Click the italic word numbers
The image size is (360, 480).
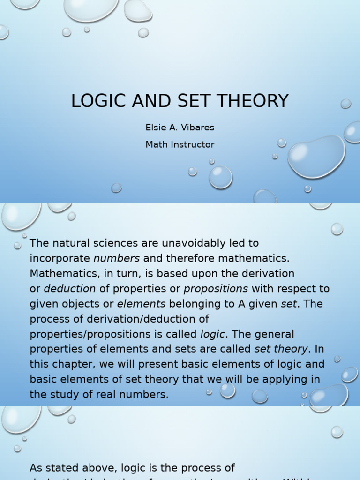tap(117, 258)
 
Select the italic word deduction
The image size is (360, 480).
tap(70, 289)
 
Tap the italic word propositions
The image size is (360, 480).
tap(216, 289)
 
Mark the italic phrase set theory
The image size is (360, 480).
tap(281, 349)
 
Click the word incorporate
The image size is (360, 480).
tap(60, 258)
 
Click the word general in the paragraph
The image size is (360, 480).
tap(272, 334)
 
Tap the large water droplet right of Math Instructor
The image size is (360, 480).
tap(316, 157)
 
